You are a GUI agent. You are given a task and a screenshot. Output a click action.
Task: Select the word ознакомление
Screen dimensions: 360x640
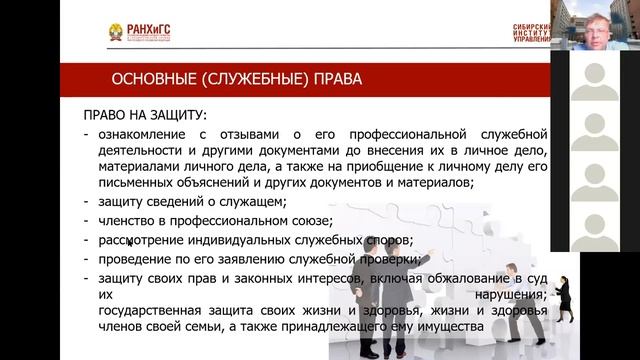click(x=144, y=134)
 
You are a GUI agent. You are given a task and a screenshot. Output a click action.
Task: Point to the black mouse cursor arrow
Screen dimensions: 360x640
click(x=129, y=240)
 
